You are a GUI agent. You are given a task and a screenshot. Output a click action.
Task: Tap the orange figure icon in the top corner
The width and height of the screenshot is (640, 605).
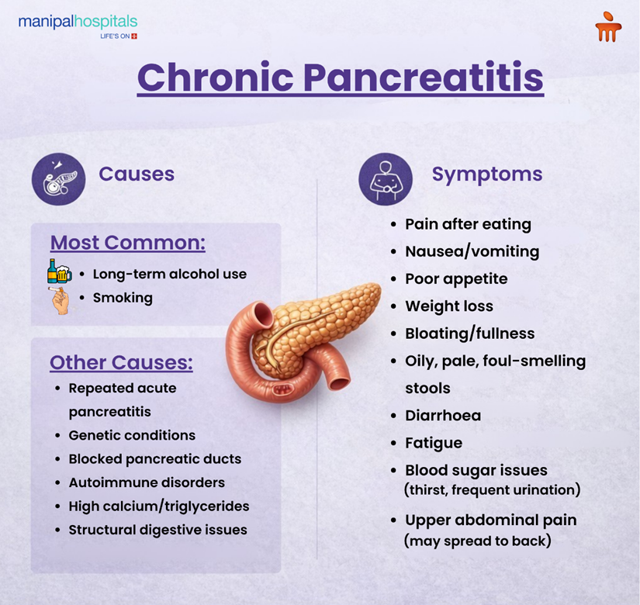pos(608,29)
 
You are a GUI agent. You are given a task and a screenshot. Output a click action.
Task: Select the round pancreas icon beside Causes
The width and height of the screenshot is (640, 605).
pos(58,178)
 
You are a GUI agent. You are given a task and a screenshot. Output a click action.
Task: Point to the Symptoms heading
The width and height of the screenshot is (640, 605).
pos(487,174)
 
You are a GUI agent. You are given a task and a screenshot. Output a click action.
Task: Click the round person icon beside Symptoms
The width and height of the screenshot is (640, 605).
pos(385,178)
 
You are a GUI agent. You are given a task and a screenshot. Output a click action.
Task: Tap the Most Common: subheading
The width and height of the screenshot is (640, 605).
pos(127,243)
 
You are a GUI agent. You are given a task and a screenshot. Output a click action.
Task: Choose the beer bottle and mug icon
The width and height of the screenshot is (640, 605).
pos(59,271)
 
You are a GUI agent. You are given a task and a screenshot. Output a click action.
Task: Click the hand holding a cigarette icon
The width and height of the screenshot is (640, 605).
pos(60,299)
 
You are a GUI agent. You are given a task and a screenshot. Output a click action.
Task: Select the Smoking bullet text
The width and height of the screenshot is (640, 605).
pos(123,298)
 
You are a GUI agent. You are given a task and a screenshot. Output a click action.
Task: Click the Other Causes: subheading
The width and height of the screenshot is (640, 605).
pos(121,362)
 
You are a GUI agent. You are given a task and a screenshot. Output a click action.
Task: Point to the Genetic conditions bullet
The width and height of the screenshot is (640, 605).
pos(132,435)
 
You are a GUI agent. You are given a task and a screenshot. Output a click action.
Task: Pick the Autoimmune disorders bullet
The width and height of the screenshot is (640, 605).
pos(147,482)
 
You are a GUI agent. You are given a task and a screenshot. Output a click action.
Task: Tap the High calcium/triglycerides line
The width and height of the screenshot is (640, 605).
pos(159,506)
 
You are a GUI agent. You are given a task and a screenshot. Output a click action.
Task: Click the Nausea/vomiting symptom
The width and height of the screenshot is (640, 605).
pos(472,251)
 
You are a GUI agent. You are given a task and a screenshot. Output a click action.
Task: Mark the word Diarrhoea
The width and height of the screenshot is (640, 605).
pos(443,416)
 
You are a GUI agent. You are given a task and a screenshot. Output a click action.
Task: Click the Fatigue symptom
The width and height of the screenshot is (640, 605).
pos(434,443)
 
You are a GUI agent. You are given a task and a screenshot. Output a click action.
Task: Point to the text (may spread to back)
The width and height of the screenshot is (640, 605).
pos(478,541)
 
